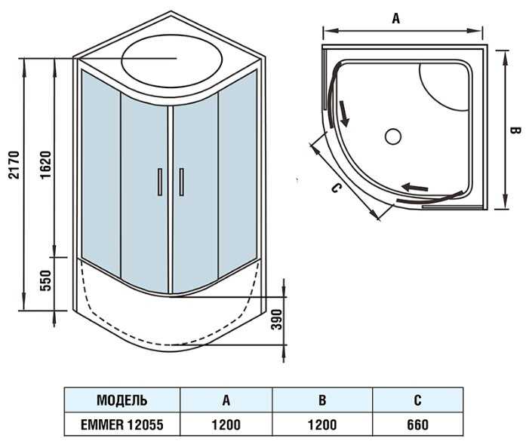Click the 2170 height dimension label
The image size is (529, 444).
pyautogui.click(x=14, y=165)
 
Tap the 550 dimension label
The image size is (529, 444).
pyautogui.click(x=45, y=280)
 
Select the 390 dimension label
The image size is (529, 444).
pyautogui.click(x=277, y=320)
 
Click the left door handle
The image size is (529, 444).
pyautogui.click(x=160, y=182)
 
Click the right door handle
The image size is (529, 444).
pyautogui.click(x=182, y=182)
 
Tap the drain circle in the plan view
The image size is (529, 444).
pyautogui.click(x=393, y=136)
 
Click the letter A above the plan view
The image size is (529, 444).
pyautogui.click(x=396, y=18)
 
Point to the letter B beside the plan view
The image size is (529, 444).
pyautogui.click(x=515, y=130)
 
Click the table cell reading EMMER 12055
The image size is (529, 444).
pyautogui.click(x=122, y=424)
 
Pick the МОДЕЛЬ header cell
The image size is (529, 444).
pyautogui.click(x=122, y=400)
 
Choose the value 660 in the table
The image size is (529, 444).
pyautogui.click(x=417, y=425)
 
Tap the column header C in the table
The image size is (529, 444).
pyautogui.click(x=417, y=400)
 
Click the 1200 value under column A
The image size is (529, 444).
pyautogui.click(x=226, y=425)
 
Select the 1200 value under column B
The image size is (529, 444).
pyautogui.click(x=322, y=425)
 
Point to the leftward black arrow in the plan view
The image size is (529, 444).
pyautogui.click(x=414, y=187)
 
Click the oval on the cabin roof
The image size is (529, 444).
pyautogui.click(x=172, y=61)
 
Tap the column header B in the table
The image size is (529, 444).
pyautogui.click(x=322, y=400)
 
